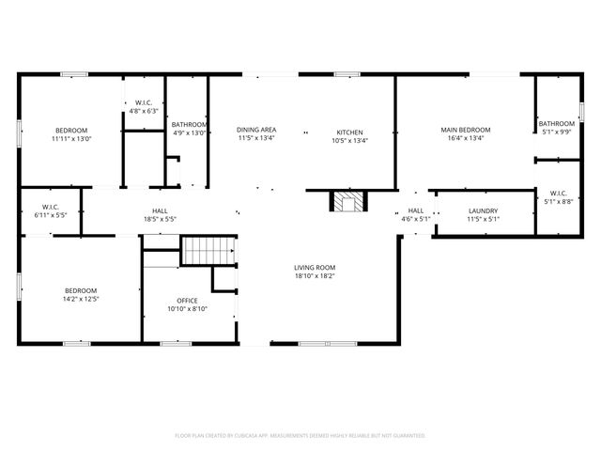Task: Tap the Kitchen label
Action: pos(349,131)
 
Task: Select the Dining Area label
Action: pos(255,131)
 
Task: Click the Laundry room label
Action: pos(483,211)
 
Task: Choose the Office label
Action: pos(187,300)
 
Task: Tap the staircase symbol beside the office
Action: pos(207,251)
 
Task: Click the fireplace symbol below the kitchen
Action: pos(348,202)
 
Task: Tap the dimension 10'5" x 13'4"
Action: pos(349,140)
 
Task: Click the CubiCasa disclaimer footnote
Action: pos(300,436)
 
